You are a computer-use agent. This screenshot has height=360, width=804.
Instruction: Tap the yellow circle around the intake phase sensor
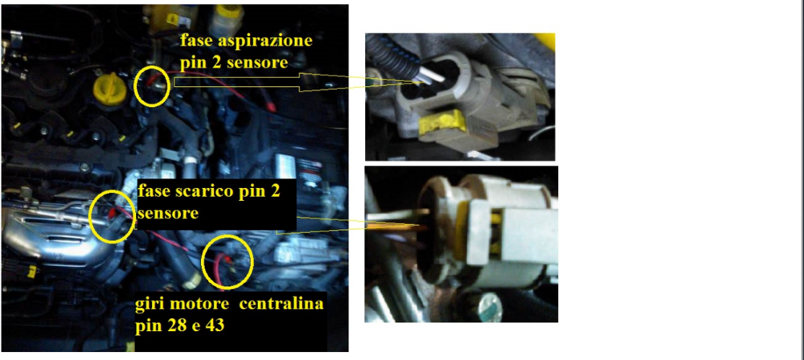(x=151, y=86)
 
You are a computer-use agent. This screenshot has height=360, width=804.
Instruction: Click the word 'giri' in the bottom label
(x=150, y=305)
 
